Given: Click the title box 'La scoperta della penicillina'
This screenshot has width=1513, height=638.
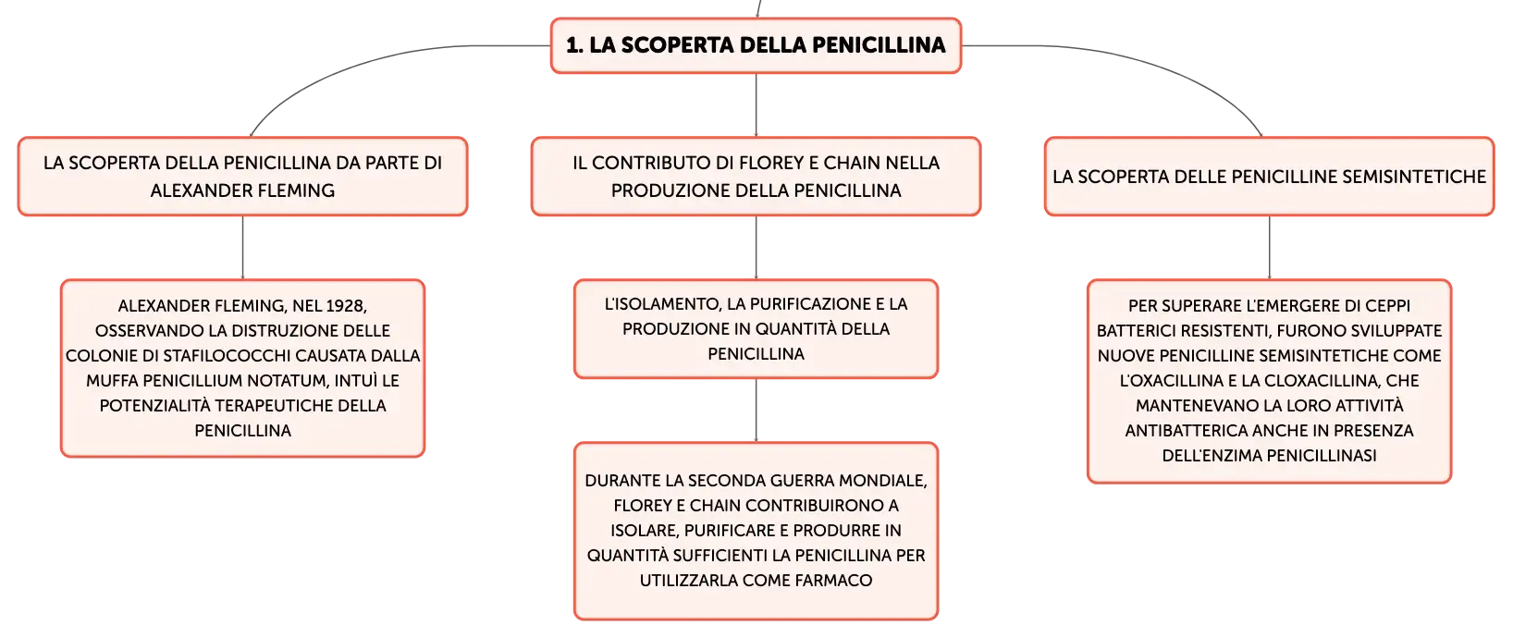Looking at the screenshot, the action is [756, 45].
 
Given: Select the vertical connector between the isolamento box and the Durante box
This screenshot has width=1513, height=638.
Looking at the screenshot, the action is [756, 411].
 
